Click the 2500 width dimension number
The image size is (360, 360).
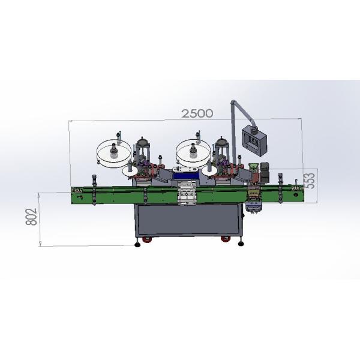pos(197,113)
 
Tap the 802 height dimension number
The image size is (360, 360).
pos(31,217)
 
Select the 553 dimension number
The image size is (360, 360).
pos(310,181)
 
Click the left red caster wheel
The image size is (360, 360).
pos(147,239)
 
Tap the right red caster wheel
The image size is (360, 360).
pos(226,239)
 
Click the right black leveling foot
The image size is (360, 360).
pos(241,243)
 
